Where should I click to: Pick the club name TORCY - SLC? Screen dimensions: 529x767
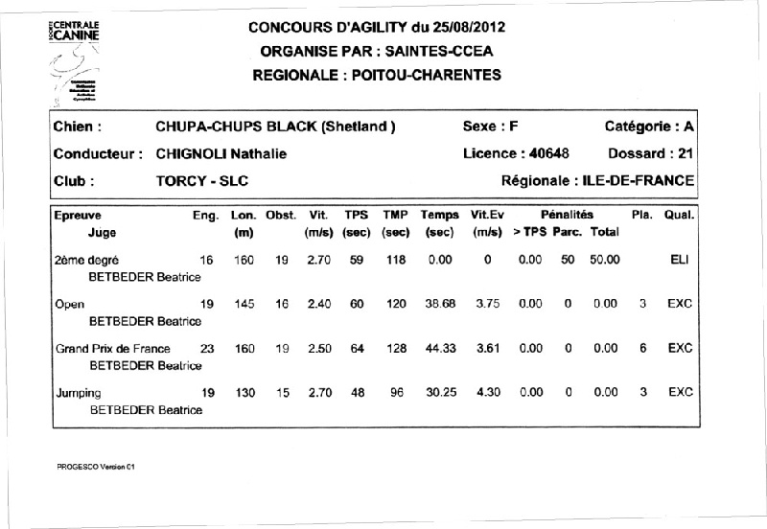tap(201, 179)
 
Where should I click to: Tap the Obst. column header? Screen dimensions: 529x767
tap(281, 216)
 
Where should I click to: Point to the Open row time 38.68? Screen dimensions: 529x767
tap(438, 304)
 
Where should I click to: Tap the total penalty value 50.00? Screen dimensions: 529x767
tap(605, 259)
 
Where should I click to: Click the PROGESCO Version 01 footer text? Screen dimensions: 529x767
tap(98, 467)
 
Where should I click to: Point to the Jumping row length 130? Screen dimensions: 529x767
tap(242, 392)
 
